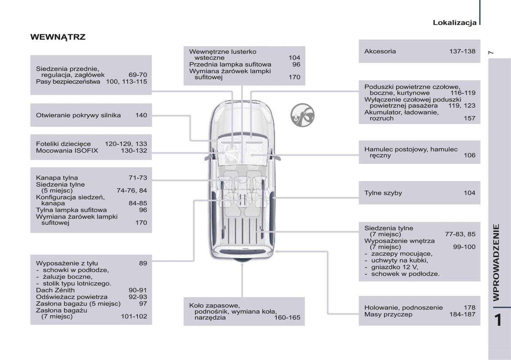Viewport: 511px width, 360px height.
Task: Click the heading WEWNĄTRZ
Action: (x=58, y=37)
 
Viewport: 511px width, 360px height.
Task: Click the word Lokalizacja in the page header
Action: (x=454, y=23)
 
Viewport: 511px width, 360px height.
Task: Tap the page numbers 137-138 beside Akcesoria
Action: (x=462, y=51)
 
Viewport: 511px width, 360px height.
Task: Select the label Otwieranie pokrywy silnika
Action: (x=78, y=115)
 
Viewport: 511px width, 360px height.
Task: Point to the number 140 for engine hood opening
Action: (x=141, y=115)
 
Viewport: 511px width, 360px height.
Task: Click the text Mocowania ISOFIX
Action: (x=67, y=151)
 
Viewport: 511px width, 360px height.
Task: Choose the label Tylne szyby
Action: (x=383, y=193)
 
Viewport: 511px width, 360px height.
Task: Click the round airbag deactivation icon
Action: (x=302, y=115)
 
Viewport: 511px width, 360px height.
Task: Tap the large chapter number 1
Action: (x=498, y=320)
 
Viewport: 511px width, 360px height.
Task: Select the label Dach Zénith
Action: (x=55, y=290)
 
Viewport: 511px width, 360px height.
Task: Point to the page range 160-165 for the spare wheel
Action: (x=287, y=318)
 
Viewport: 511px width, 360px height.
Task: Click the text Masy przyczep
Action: (x=388, y=314)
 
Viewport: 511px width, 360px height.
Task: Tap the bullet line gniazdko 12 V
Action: (x=394, y=267)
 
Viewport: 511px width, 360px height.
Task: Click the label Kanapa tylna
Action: (x=57, y=178)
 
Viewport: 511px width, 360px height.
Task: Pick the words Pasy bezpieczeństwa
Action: (x=68, y=82)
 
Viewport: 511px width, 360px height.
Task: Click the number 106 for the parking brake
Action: (x=469, y=155)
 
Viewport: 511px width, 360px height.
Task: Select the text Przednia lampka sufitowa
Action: (x=230, y=64)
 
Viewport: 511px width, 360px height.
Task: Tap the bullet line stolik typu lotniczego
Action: (x=77, y=283)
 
